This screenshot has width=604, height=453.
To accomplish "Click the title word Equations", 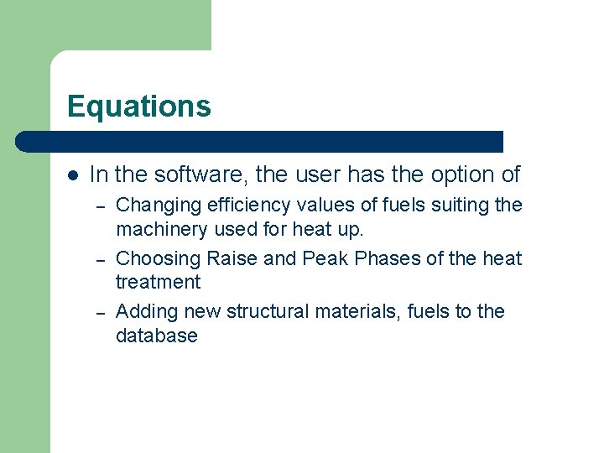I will click(x=139, y=107).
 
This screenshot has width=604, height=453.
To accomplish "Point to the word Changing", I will click(x=154, y=206).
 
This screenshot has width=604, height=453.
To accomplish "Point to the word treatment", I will click(x=158, y=282).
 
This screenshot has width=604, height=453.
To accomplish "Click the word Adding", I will click(x=143, y=312).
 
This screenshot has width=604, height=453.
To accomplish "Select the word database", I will click(x=157, y=336).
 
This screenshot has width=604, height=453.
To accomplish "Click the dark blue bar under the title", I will click(x=260, y=141).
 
